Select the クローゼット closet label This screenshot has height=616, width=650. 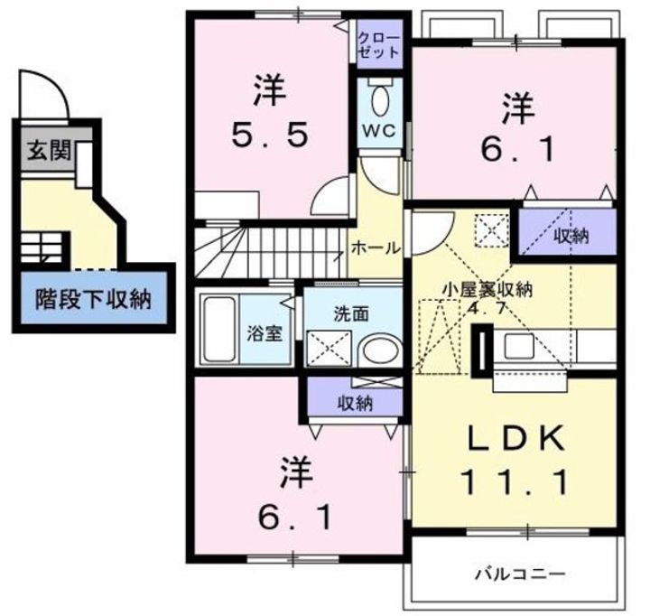(378, 45)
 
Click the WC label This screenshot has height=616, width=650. (377, 129)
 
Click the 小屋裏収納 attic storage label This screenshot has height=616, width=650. (487, 289)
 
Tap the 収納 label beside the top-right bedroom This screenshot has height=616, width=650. (571, 237)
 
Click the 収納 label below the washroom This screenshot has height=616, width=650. (355, 403)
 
